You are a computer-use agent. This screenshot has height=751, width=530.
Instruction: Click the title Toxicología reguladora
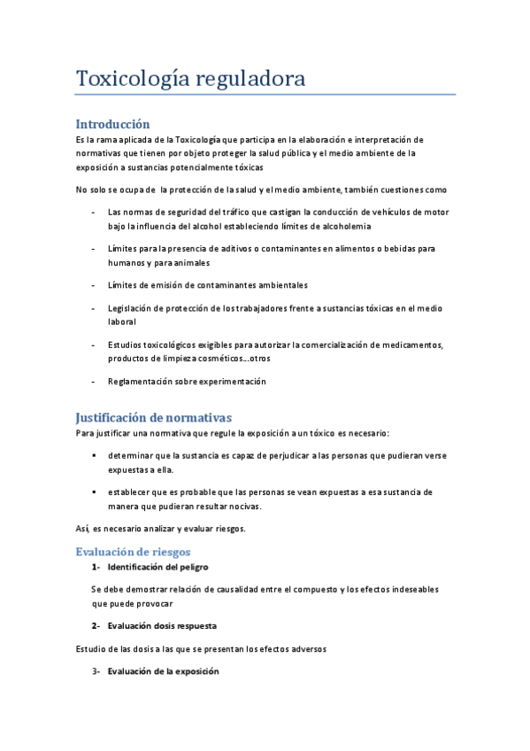click(190, 79)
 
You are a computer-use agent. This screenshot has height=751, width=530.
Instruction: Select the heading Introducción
click(112, 124)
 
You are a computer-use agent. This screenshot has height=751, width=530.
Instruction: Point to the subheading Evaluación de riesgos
click(132, 550)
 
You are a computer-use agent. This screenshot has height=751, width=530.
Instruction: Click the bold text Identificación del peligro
click(157, 566)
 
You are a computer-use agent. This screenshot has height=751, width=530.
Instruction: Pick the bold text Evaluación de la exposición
click(163, 671)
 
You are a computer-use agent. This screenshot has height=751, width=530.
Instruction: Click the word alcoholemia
click(342, 226)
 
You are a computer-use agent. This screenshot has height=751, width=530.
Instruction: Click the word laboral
click(122, 323)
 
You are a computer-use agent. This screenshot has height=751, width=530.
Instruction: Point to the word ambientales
click(278, 285)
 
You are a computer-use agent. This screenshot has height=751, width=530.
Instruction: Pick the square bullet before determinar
click(94, 455)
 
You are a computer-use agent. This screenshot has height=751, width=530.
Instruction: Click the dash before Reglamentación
click(94, 382)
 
